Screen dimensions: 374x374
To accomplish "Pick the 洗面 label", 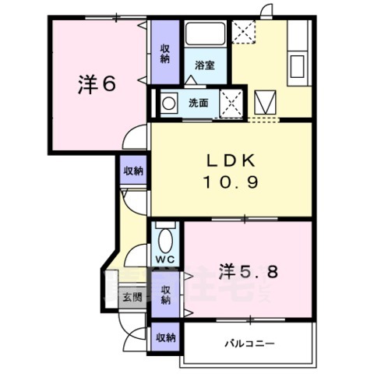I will point(197,102).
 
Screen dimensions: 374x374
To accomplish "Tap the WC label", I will point(164,259).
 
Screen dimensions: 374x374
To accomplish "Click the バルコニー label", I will point(249,342).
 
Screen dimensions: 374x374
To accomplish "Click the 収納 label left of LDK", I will point(133,171).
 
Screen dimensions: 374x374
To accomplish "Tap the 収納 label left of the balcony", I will point(164,337).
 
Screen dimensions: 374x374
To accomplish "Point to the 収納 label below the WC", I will point(165,295).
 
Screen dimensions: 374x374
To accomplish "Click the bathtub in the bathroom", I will point(205,35).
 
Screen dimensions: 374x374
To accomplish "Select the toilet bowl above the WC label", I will point(164,236).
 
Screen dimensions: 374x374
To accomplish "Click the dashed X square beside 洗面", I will point(231,101).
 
